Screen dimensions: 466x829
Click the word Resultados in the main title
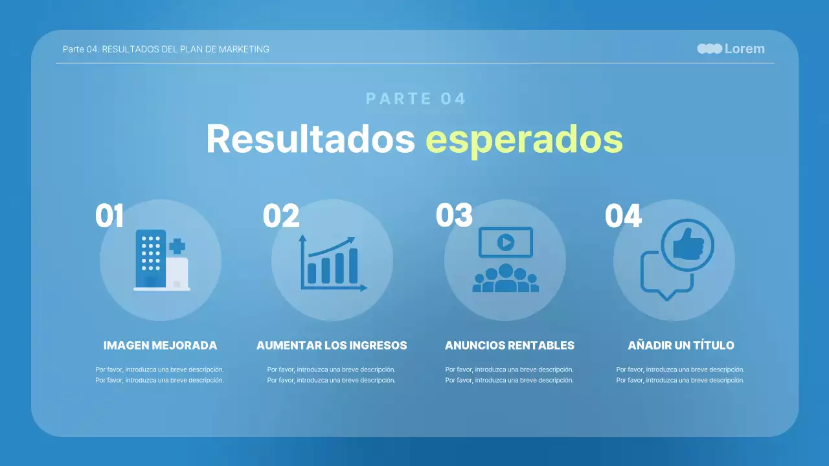tap(310, 139)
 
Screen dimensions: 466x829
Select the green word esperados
tap(524, 140)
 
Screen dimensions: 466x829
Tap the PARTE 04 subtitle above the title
tap(416, 99)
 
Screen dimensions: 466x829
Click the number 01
tap(109, 216)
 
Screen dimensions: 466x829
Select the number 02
tap(280, 216)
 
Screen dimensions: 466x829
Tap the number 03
tap(453, 216)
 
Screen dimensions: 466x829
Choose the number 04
tap(622, 216)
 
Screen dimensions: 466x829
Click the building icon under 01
tap(150, 259)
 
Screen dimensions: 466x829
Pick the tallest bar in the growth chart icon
tap(353, 265)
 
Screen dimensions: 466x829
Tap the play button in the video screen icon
tap(505, 243)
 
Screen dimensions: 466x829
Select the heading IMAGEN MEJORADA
tap(160, 346)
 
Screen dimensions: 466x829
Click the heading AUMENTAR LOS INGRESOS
tap(332, 346)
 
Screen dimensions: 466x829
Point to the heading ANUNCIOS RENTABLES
tap(509, 346)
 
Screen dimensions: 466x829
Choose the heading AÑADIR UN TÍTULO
tap(681, 346)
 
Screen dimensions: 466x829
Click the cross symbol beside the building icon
tap(177, 246)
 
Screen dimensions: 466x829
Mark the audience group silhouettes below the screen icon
tap(505, 279)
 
